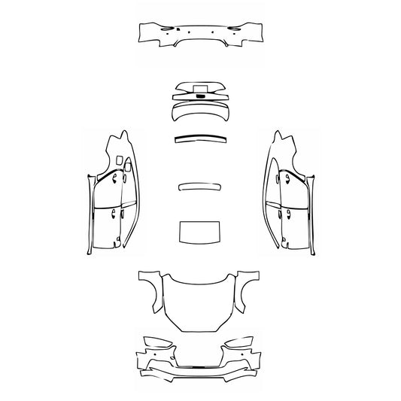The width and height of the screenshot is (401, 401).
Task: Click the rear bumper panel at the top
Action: point(200,32)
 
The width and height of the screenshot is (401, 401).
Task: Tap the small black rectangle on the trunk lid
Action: point(200,95)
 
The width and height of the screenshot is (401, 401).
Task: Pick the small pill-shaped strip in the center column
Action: point(199,187)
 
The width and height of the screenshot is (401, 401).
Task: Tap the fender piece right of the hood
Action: point(245,290)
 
